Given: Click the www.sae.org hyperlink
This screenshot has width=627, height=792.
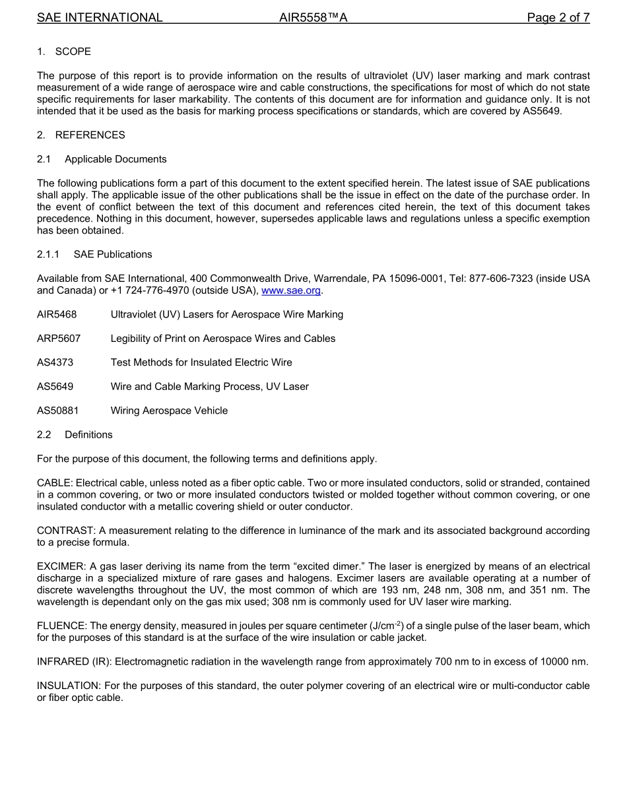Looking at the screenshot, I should (x=291, y=290).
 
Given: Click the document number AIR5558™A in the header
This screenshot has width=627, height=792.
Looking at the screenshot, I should (x=313, y=18).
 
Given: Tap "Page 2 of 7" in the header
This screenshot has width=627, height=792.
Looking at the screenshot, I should (x=558, y=18).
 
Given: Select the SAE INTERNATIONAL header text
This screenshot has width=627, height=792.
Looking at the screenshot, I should (x=100, y=18).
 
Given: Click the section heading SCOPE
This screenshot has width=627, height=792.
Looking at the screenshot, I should (x=73, y=51).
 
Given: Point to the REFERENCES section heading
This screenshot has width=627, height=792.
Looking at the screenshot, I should (x=90, y=135).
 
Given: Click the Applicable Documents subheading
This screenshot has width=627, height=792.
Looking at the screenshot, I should (x=115, y=159).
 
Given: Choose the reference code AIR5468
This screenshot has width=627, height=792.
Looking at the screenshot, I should (x=57, y=314).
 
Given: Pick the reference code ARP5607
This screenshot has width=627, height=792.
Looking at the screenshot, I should (x=59, y=339).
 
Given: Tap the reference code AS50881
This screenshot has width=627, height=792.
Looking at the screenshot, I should (x=58, y=411).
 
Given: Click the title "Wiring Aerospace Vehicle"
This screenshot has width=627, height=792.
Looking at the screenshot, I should (x=169, y=411).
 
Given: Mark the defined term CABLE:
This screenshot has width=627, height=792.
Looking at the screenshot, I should (x=55, y=483).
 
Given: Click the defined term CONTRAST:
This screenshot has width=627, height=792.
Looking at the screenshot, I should (x=67, y=531).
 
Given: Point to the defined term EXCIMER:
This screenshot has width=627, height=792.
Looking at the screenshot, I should (x=62, y=566).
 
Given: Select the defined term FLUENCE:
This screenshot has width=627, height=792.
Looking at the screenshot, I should (x=62, y=626).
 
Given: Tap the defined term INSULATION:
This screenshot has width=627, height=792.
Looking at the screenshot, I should (x=69, y=686).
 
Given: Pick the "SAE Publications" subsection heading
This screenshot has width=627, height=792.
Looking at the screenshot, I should (x=113, y=254).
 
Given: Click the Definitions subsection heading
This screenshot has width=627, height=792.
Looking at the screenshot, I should (x=88, y=434).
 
